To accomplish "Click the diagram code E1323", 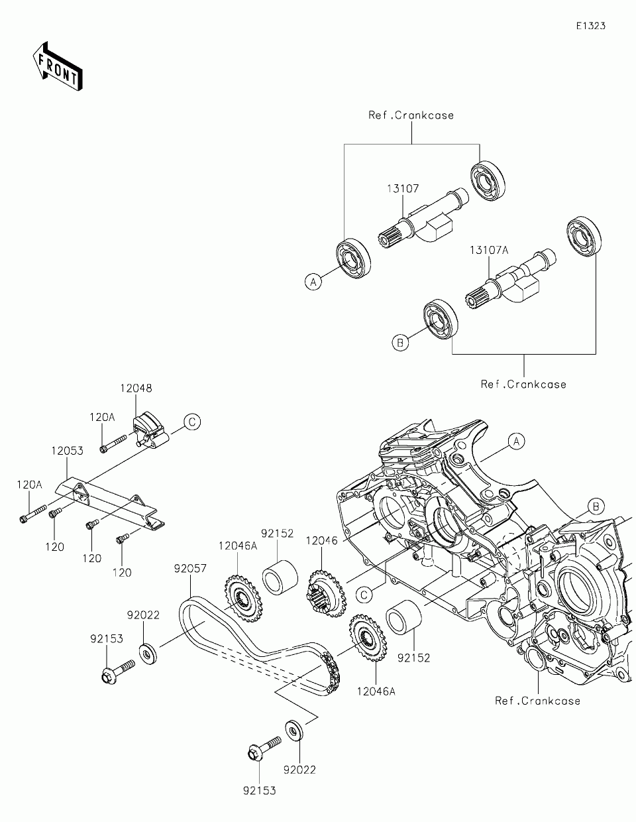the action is click(x=591, y=26).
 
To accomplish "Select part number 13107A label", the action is click(x=489, y=250).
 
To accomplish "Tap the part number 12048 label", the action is click(x=136, y=388).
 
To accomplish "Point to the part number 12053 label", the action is click(x=68, y=451).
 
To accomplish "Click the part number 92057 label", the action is click(x=190, y=569).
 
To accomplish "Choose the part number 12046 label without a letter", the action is click(x=321, y=541).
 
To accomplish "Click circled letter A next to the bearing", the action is click(x=313, y=282).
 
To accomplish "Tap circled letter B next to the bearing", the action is click(x=400, y=343).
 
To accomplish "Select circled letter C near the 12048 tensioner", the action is click(x=192, y=422).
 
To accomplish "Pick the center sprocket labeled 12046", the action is click(x=326, y=594).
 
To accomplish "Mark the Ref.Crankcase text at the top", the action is click(x=411, y=115).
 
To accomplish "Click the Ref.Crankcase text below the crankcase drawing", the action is click(x=537, y=701).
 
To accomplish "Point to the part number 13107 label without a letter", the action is click(x=403, y=188).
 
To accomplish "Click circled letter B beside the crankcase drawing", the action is click(x=596, y=506).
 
